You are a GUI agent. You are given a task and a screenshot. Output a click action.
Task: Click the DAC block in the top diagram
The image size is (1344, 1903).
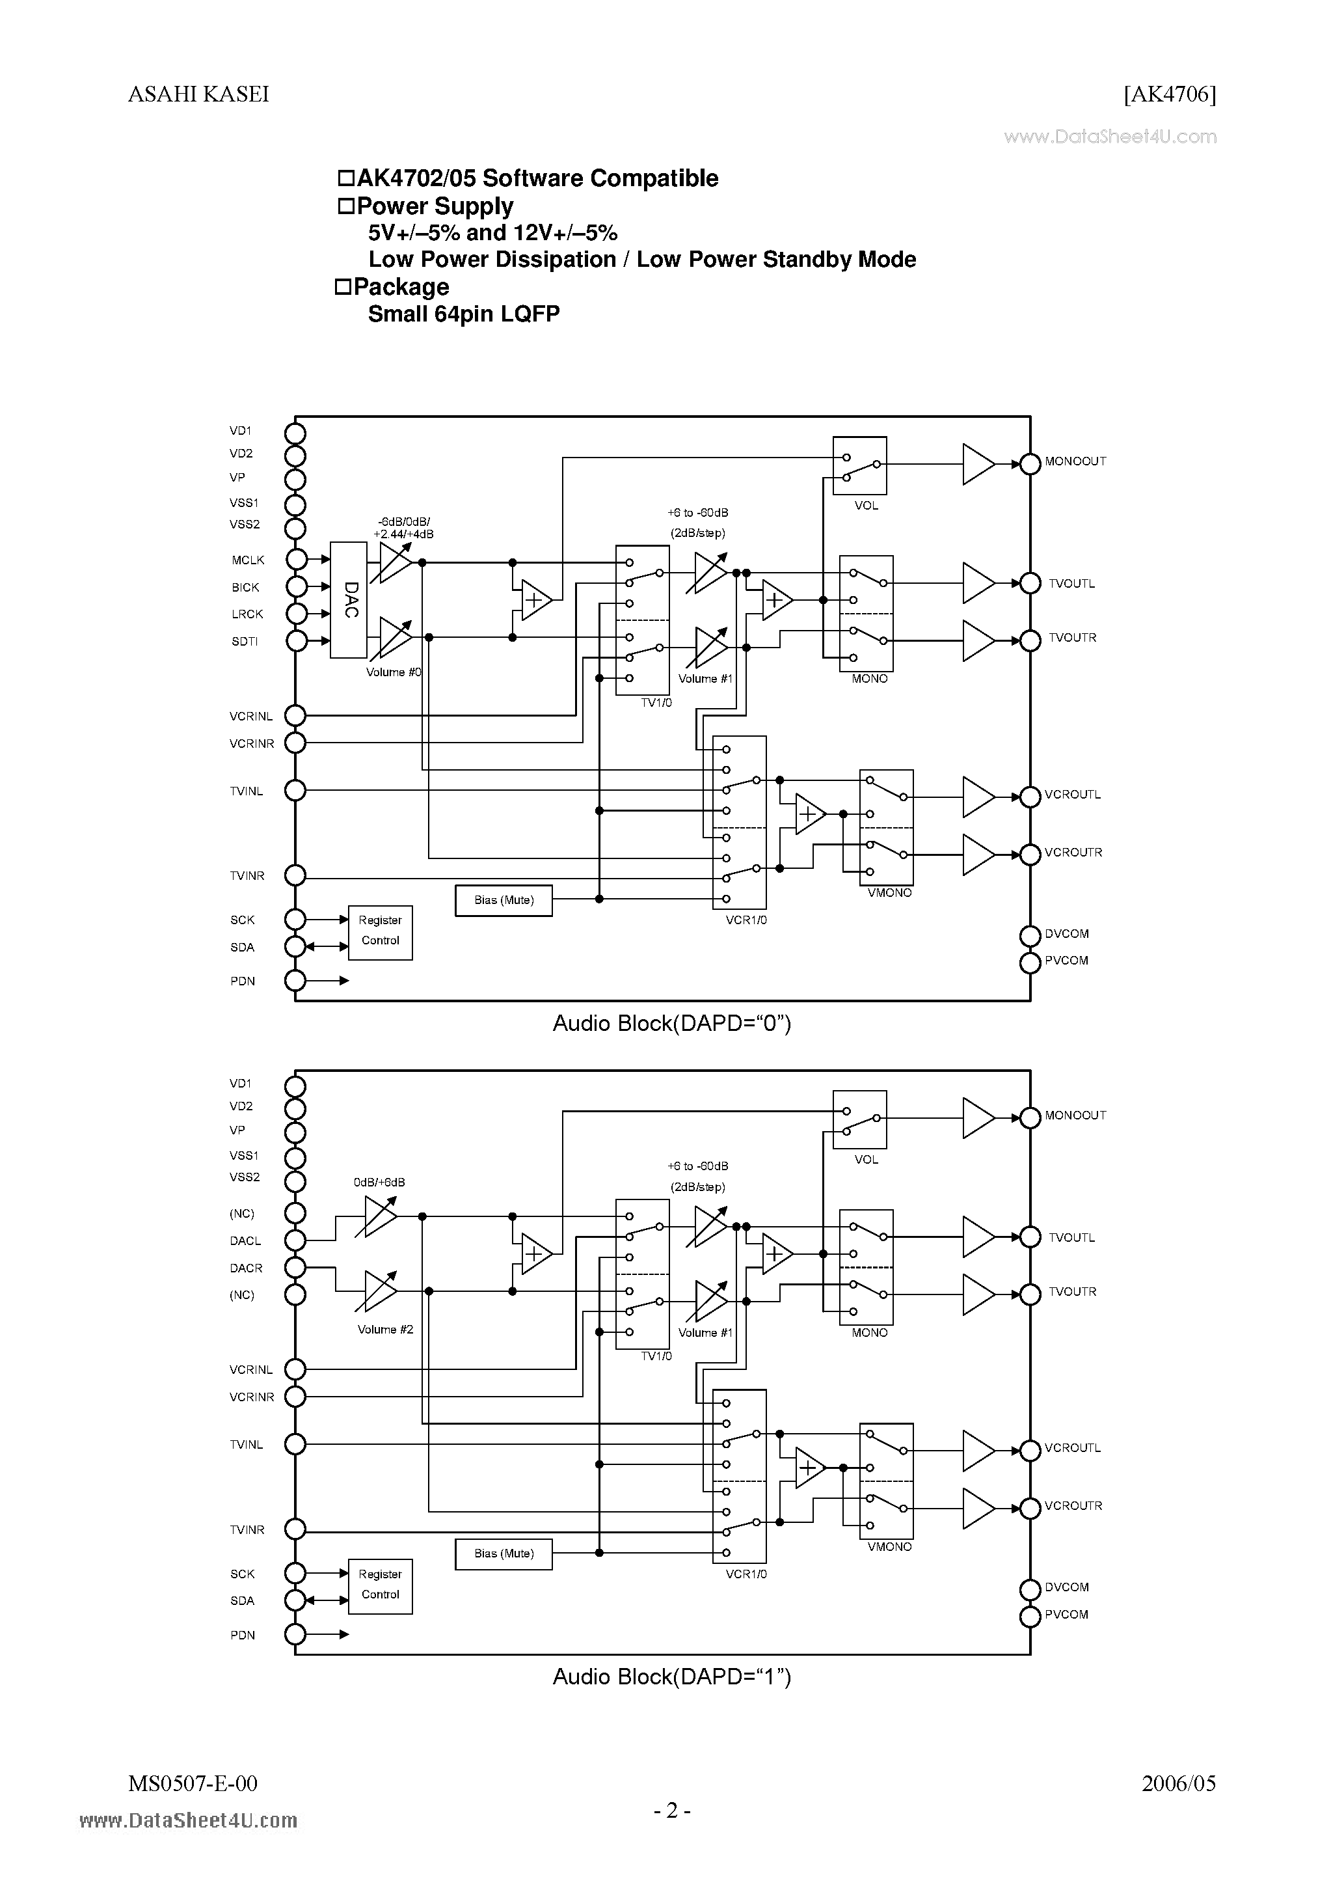349,600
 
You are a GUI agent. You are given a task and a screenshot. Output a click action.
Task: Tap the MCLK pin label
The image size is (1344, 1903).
248,560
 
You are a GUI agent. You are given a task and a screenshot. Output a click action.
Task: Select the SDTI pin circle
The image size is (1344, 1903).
296,640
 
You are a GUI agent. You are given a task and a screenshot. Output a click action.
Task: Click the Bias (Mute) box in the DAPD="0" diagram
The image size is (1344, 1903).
504,900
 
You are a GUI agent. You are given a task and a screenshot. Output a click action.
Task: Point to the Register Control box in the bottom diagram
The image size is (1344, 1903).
381,1584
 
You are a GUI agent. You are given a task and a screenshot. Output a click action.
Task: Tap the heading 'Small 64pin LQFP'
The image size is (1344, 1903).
464,314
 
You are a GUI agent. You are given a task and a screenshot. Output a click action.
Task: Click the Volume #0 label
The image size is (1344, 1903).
394,672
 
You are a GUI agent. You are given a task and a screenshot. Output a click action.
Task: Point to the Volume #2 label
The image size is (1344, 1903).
385,1330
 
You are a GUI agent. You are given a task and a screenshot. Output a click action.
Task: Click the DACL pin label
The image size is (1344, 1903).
245,1240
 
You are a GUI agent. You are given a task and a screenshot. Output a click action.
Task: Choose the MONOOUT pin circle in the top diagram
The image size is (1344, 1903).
1030,464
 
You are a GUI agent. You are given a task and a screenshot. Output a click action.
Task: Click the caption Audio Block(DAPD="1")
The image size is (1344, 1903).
672,1677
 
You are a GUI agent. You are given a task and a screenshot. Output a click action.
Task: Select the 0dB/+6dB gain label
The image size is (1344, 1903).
379,1183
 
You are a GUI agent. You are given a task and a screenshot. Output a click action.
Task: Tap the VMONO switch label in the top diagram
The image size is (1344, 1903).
890,893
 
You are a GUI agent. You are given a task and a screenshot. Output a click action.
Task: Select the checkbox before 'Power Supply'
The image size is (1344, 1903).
345,206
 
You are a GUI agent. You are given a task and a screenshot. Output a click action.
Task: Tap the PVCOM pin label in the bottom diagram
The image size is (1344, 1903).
1066,1615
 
